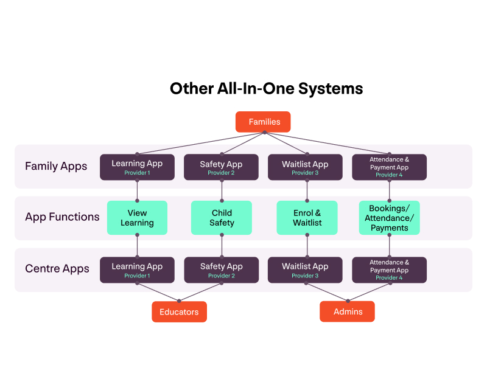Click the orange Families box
click(263, 122)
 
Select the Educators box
click(179, 312)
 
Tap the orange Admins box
click(347, 312)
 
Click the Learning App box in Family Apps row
click(137, 167)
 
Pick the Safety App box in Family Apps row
click(221, 167)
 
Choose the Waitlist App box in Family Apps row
click(305, 167)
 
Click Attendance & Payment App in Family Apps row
click(389, 167)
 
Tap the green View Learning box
click(137, 218)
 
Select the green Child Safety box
click(222, 218)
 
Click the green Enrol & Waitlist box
click(307, 218)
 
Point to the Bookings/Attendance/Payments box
click(389, 218)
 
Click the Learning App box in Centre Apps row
click(137, 270)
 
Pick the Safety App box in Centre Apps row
click(221, 270)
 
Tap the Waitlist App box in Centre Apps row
click(305, 270)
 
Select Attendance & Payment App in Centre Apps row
click(389, 270)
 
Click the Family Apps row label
click(56, 166)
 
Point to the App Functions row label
click(62, 217)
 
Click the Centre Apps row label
click(57, 269)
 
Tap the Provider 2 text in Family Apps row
click(221, 173)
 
